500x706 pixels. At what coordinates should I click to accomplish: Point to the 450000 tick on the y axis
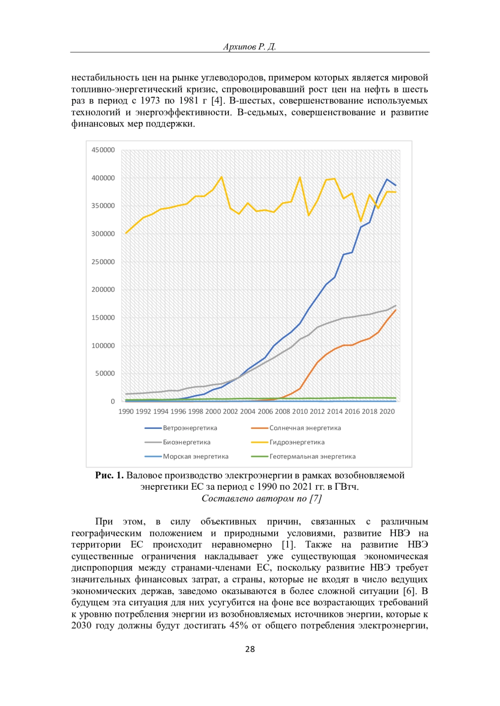(x=103, y=150)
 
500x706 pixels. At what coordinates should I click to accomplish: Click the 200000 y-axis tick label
(x=103, y=290)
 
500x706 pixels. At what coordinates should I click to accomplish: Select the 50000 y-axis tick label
(x=105, y=374)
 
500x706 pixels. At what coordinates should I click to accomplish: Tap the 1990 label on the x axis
(x=126, y=411)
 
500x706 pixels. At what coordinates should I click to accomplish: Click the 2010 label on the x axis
(x=300, y=411)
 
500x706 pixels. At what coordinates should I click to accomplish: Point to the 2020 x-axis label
(x=387, y=411)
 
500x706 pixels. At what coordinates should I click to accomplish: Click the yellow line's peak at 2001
(x=222, y=177)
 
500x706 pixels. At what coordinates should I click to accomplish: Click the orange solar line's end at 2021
(x=395, y=310)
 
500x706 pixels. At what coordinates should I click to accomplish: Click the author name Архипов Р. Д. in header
(x=250, y=47)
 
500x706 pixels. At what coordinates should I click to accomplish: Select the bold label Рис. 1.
(x=109, y=475)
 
